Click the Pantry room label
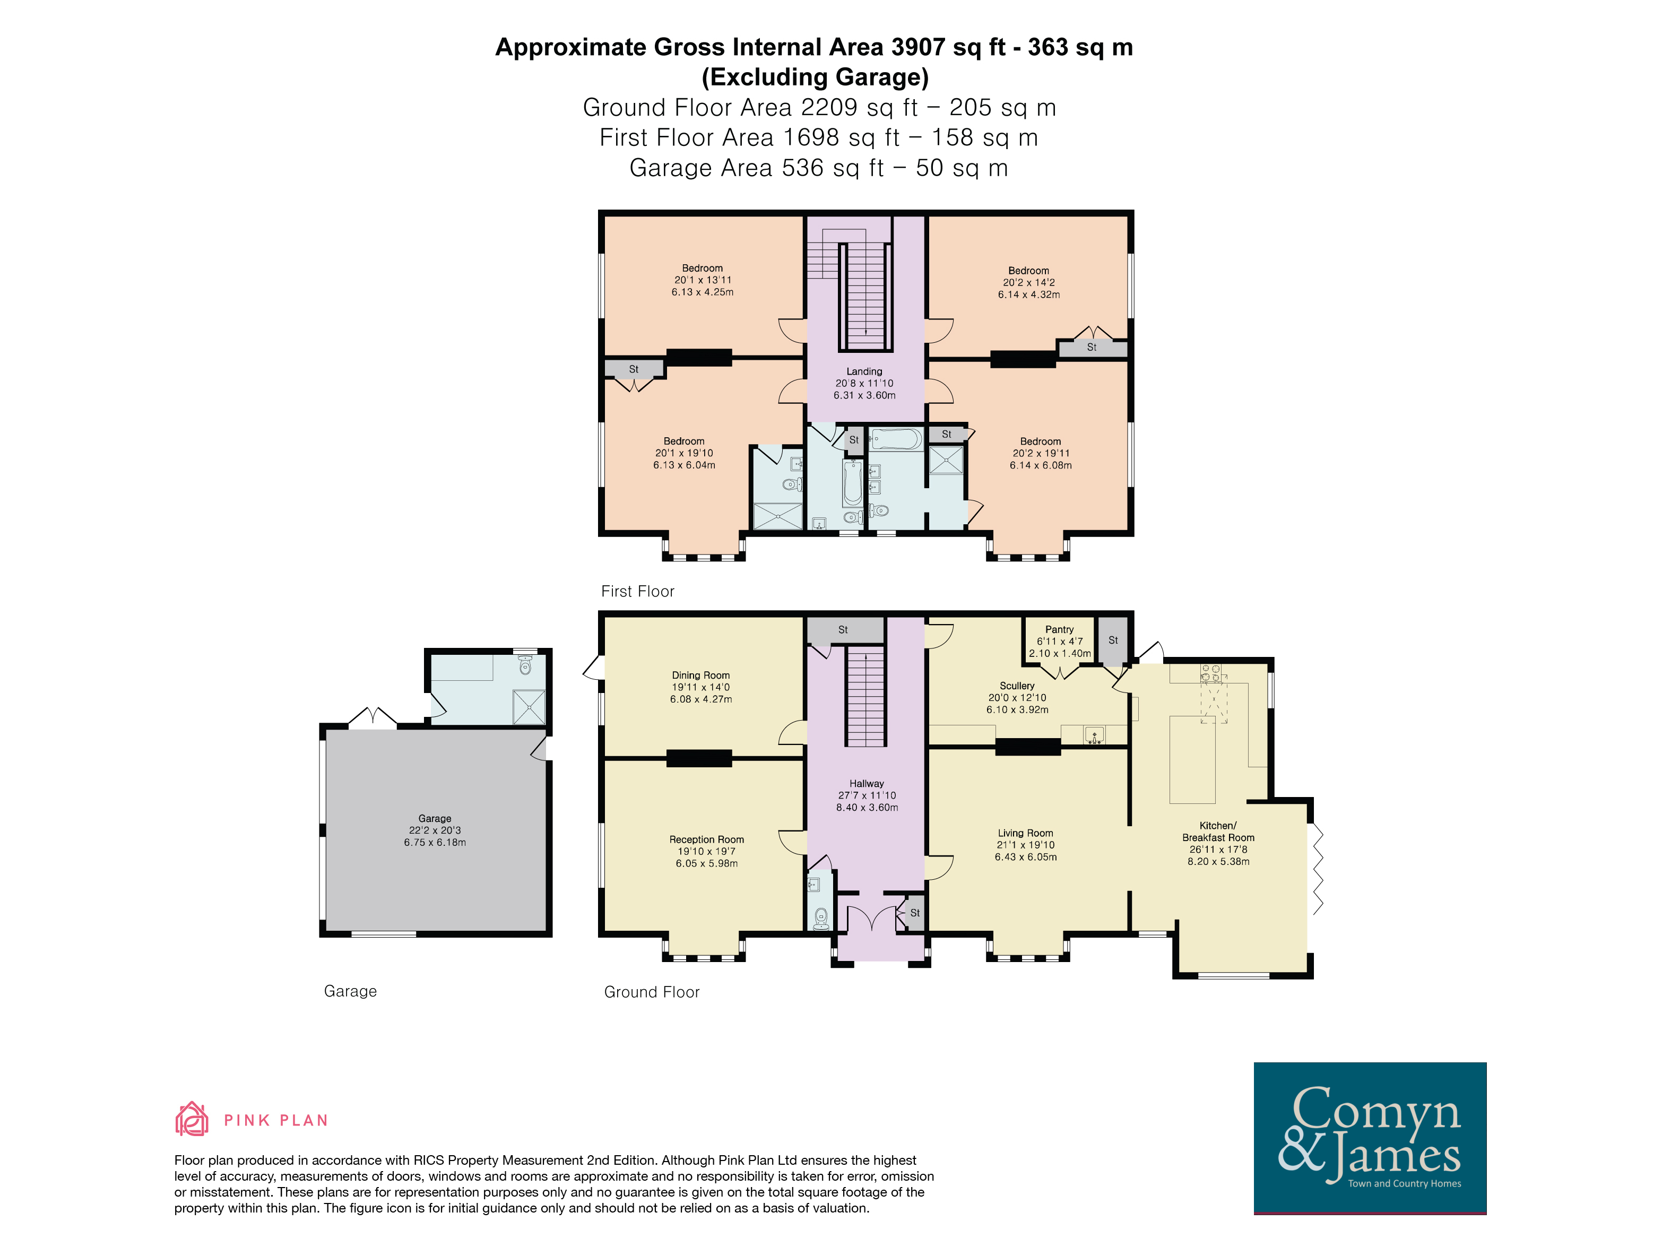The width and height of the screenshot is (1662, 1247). tap(1059, 629)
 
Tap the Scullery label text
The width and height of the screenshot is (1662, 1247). tap(1017, 686)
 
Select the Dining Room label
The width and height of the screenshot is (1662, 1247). tap(701, 676)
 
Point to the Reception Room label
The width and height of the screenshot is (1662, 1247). tap(707, 840)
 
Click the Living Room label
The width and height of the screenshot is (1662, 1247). tap(1026, 833)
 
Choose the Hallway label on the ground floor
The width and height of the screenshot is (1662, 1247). tap(867, 784)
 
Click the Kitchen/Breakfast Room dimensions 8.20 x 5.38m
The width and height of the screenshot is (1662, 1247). tap(1219, 862)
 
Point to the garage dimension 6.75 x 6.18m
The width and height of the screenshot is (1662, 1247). tap(435, 842)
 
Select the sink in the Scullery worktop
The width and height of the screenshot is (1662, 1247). tap(1095, 735)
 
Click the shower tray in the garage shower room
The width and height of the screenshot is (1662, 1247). tap(529, 707)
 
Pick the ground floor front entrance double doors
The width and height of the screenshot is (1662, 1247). tap(871, 919)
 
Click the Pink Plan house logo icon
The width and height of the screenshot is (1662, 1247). tap(192, 1119)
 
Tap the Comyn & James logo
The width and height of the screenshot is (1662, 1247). tap(1370, 1138)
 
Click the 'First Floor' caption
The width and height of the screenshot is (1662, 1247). tap(638, 591)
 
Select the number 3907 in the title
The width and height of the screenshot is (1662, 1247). tap(918, 47)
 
